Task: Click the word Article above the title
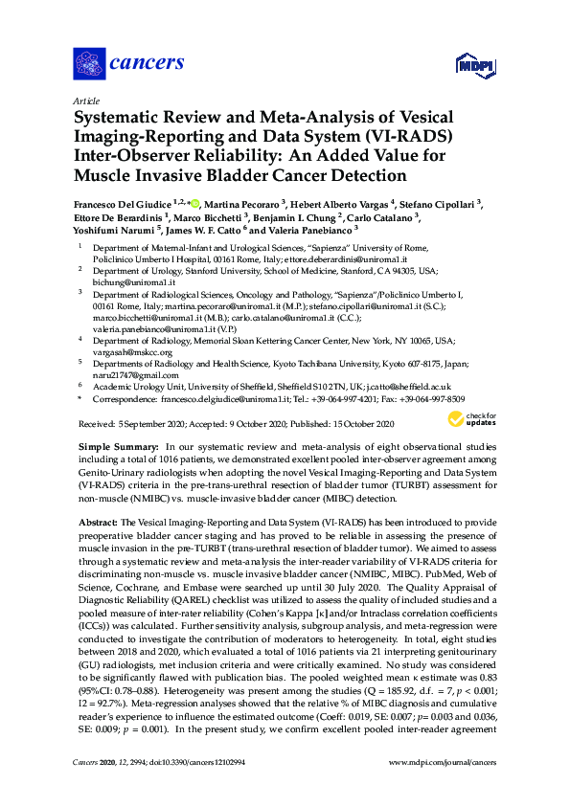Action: (85, 101)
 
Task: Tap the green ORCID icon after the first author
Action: (195, 204)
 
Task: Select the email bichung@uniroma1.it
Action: (133, 282)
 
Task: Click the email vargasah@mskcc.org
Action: (133, 352)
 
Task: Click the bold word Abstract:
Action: (98, 522)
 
